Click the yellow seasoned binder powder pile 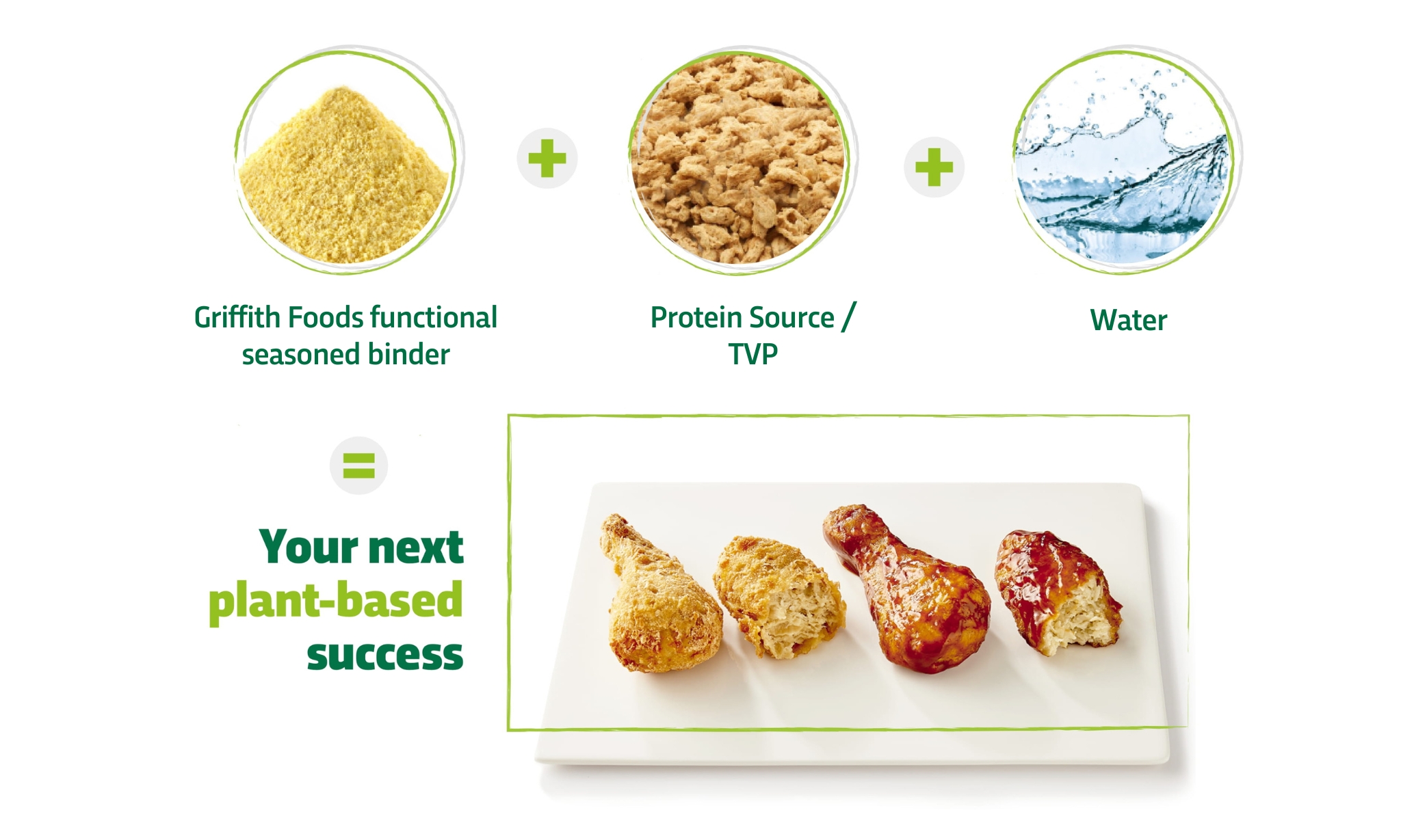(x=345, y=178)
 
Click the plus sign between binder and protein (x=547, y=159)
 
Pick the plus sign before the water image (x=934, y=167)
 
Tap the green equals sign (x=358, y=465)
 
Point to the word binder (x=408, y=355)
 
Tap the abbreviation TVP (x=752, y=355)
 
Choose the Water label (x=1128, y=321)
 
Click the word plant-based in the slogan (x=336, y=600)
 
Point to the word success (x=384, y=655)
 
